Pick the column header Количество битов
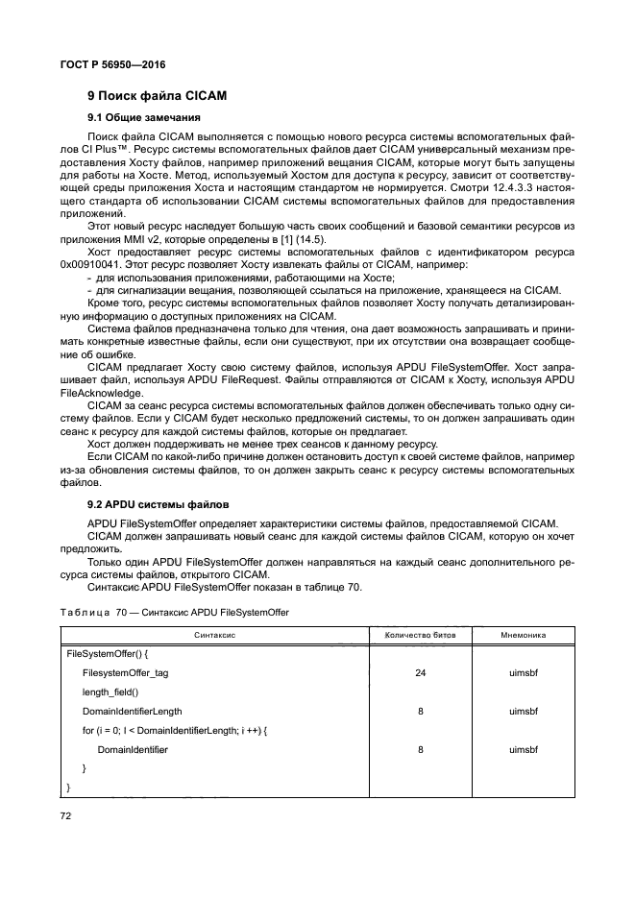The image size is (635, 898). pyautogui.click(x=421, y=635)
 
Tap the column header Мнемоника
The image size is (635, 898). pyautogui.click(x=524, y=635)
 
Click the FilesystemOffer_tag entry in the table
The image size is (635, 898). pyautogui.click(x=125, y=673)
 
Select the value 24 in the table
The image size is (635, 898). pyautogui.click(x=421, y=673)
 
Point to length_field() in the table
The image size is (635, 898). pyautogui.click(x=110, y=692)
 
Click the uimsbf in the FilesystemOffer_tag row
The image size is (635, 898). pyautogui.click(x=524, y=673)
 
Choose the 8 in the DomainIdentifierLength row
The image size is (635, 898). pyautogui.click(x=421, y=711)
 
